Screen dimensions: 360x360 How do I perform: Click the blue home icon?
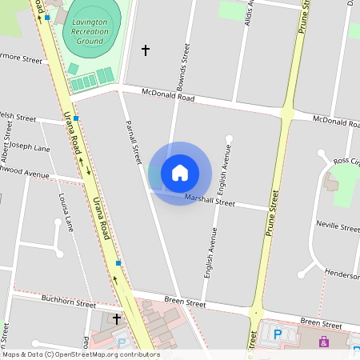coord(180,172)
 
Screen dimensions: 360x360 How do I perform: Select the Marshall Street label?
coord(210,200)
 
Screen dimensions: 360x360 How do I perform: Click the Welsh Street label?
coord(18,117)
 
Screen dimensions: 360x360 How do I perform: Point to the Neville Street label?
coord(338,227)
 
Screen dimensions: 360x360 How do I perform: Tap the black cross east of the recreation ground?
coord(146,50)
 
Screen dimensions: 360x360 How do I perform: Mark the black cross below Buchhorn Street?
coord(117,318)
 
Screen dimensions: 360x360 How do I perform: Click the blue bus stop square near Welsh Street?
coord(76,118)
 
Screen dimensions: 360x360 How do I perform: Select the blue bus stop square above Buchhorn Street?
coord(118,262)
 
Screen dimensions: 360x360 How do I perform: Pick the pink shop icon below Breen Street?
coord(324,342)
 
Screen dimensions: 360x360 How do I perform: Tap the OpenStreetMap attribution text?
coord(80,354)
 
